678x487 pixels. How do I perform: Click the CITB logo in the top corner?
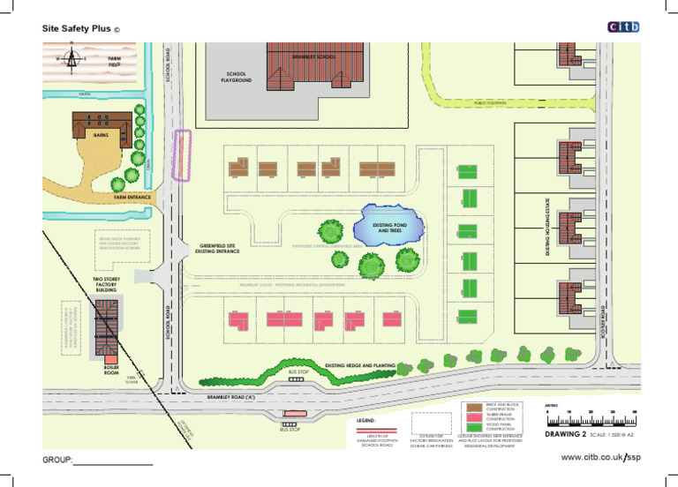pyautogui.click(x=624, y=27)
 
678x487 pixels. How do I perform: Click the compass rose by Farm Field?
pyautogui.click(x=72, y=58)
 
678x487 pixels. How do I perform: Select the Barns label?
pyautogui.click(x=101, y=136)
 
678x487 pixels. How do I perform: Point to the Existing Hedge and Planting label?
pyautogui.click(x=359, y=365)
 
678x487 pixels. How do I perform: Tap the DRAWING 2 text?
pyautogui.click(x=565, y=435)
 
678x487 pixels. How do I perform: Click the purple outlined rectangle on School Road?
pyautogui.click(x=183, y=155)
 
